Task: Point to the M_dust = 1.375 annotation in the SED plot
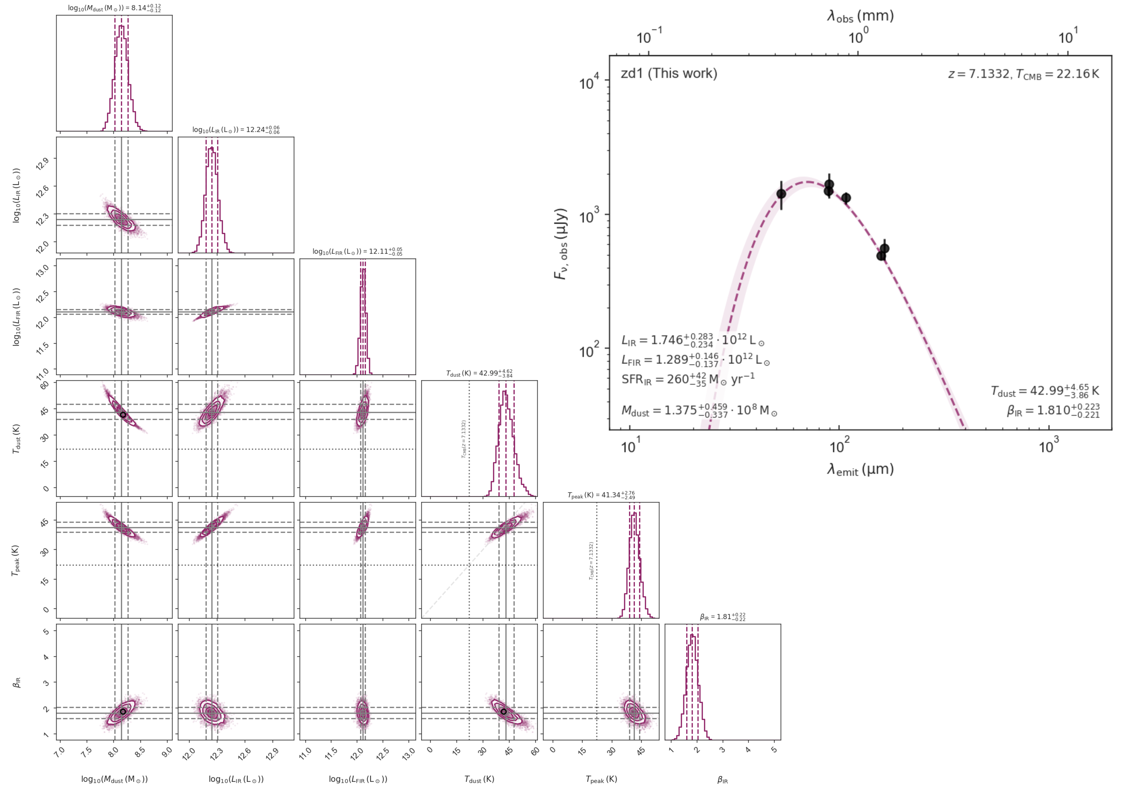(699, 410)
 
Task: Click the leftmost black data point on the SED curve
(781, 194)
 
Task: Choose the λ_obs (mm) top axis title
(860, 16)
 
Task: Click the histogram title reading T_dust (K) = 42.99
(479, 373)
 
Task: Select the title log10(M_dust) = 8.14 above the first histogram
(114, 8)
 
